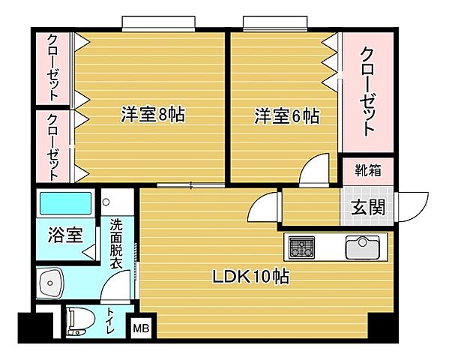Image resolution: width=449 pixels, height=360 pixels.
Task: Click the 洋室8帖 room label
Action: [153, 115]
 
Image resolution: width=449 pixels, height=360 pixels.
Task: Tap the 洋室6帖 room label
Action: [286, 116]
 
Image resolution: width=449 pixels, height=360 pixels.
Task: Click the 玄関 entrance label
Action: [367, 208]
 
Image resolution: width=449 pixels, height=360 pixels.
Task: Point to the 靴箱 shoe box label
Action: [367, 169]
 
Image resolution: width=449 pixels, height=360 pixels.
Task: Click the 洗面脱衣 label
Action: [116, 244]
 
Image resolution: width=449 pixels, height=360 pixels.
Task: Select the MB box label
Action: [140, 327]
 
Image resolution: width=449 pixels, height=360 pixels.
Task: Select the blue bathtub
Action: [64, 202]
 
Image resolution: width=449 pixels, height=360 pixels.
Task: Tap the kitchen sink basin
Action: [362, 246]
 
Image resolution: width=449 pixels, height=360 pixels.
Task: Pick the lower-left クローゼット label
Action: [53, 146]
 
